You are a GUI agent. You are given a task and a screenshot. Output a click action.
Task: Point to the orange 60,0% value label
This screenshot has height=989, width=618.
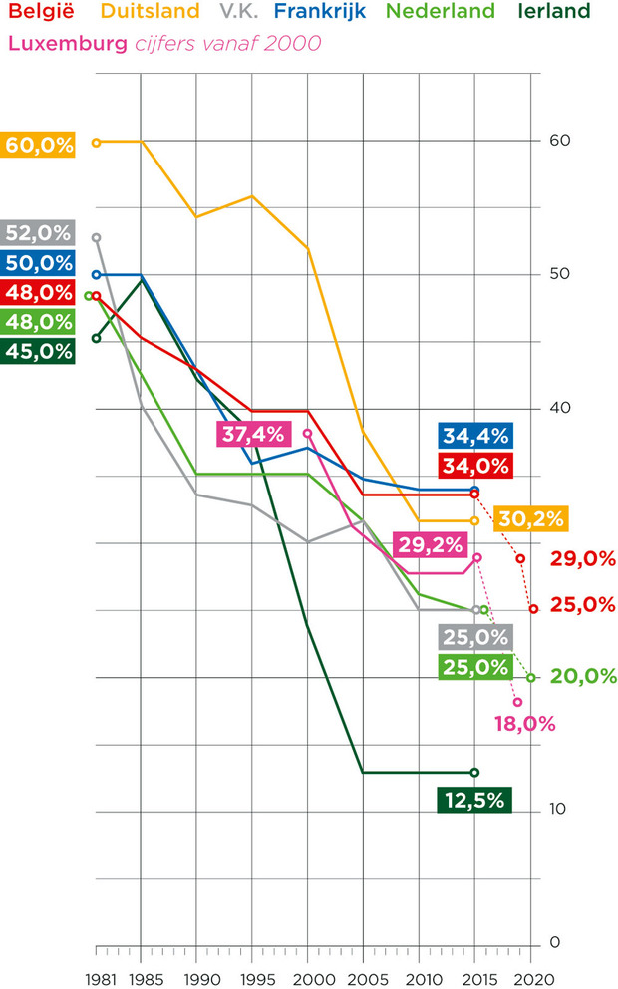click(39, 145)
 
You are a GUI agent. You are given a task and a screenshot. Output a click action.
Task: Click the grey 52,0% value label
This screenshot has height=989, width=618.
click(39, 234)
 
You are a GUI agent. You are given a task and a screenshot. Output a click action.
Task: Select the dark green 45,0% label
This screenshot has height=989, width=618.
click(39, 351)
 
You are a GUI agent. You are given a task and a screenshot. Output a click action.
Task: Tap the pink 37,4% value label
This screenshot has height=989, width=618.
click(252, 434)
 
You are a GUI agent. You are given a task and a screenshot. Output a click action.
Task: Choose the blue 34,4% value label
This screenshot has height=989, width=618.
click(473, 436)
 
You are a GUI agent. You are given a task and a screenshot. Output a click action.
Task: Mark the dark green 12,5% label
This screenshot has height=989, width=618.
click(473, 800)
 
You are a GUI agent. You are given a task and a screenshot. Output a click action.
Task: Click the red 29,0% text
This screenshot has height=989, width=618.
click(582, 559)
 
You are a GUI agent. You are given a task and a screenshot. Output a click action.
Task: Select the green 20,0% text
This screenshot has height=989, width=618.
click(582, 677)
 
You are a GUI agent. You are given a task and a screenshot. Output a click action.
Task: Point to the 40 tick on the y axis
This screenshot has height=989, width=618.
click(558, 408)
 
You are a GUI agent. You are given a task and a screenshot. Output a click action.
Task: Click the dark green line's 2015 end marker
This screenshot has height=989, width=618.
click(474, 772)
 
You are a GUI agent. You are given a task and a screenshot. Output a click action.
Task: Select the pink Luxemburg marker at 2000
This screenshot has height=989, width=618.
click(308, 434)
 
